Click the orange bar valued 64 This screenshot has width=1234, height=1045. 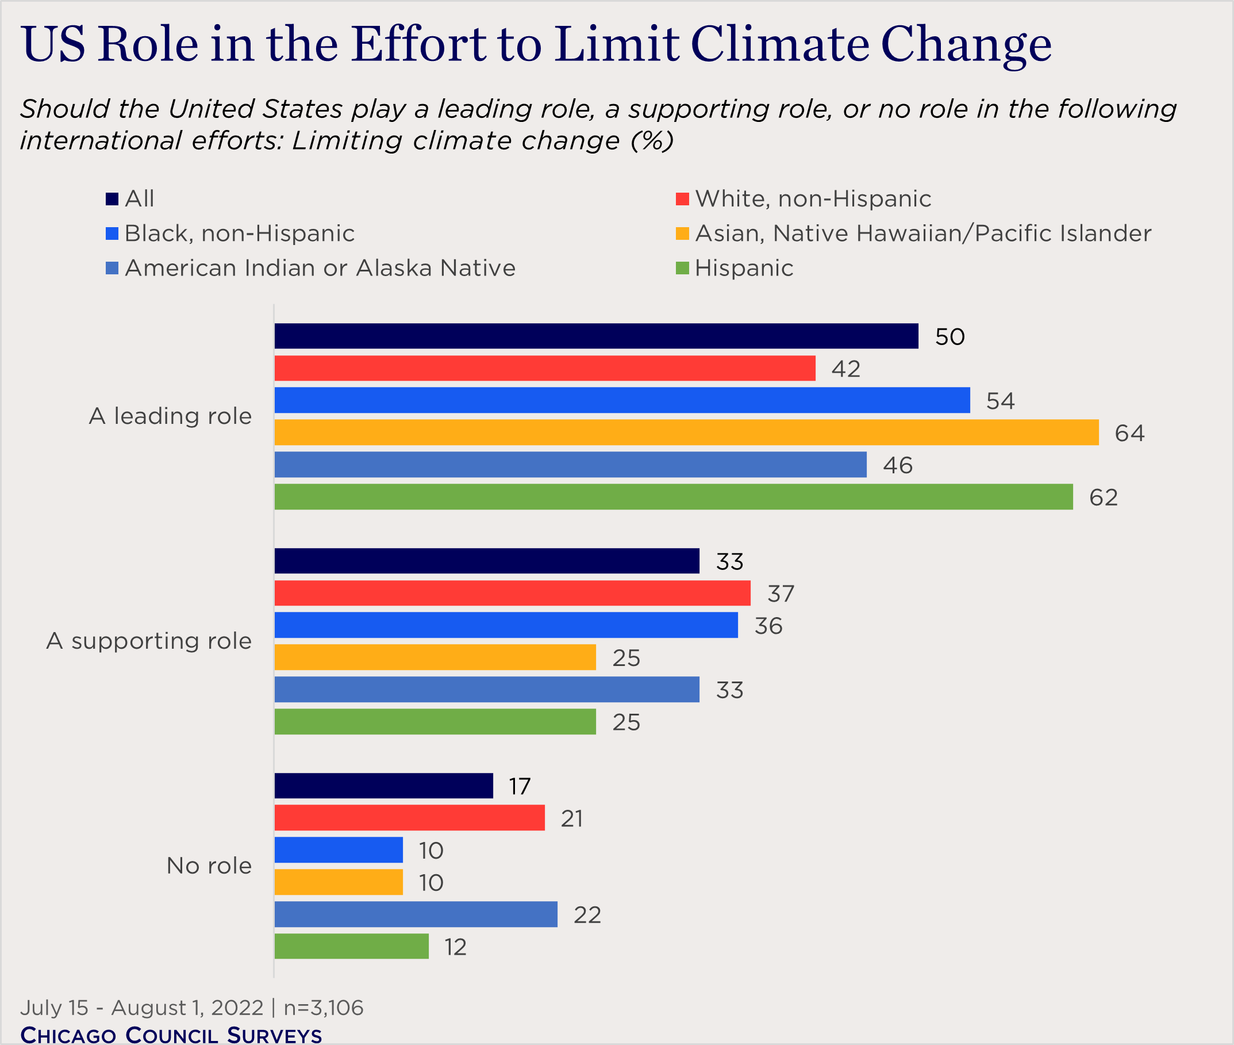(686, 432)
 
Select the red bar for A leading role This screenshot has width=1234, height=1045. (545, 368)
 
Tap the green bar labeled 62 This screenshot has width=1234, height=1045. (673, 496)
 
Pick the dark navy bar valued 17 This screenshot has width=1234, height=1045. (384, 786)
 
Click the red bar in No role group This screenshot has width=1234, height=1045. (409, 817)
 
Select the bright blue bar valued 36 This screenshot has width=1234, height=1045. (506, 625)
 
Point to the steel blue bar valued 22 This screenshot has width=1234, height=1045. (416, 914)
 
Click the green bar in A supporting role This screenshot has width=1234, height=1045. (435, 722)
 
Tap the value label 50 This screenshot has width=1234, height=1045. (949, 336)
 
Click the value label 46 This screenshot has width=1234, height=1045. (897, 465)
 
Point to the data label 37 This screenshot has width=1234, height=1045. (780, 593)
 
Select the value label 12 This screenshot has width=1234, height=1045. (455, 947)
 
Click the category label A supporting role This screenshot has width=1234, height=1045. (149, 641)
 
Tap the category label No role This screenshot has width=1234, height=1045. (209, 866)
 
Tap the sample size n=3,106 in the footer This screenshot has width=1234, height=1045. (324, 1007)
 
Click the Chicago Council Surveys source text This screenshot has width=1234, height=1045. (171, 1034)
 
